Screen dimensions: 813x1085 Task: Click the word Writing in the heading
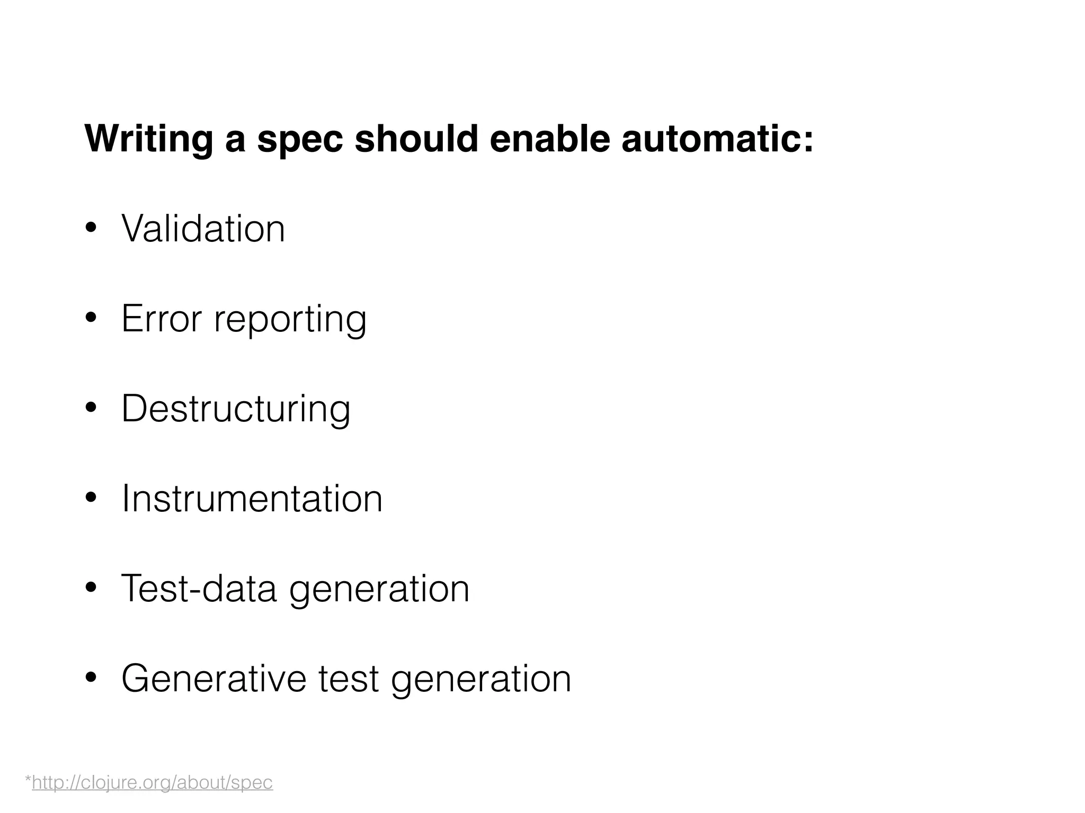pos(148,139)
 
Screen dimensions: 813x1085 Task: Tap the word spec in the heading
pos(300,139)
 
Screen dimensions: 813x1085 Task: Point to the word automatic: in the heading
pos(717,139)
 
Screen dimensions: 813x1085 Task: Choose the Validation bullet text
pos(203,229)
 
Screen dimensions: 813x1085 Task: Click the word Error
pos(162,319)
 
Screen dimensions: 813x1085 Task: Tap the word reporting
pos(290,320)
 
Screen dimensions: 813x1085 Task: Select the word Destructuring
pos(236,409)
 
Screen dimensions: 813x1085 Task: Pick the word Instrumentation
pos(252,499)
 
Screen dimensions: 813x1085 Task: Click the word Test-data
pos(199,589)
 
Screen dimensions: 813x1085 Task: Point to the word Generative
pos(214,679)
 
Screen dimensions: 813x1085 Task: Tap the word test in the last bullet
pos(348,679)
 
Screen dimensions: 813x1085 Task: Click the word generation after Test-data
pos(379,590)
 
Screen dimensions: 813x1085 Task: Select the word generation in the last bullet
pos(481,680)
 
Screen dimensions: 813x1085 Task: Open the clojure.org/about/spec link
pos(152,782)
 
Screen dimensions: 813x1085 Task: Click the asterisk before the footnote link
pos(28,780)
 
